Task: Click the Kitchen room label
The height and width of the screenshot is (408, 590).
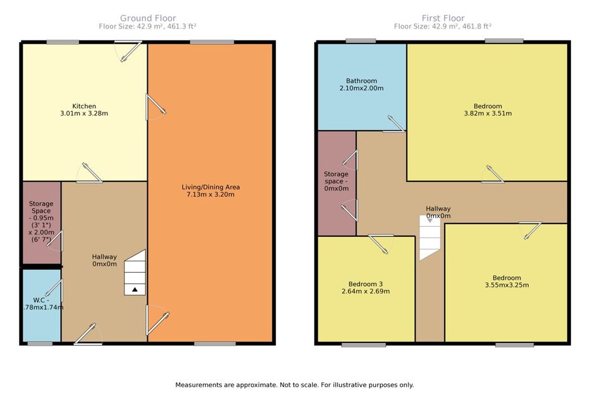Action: coord(84,106)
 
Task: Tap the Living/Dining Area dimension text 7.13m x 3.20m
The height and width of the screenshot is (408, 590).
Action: coord(210,195)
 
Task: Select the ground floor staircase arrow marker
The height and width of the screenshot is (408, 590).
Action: coord(135,289)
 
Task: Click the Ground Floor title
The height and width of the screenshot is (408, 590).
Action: coord(148,18)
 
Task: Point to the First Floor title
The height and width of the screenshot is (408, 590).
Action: coord(443,18)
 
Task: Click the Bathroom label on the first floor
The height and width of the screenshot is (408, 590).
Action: coord(361,81)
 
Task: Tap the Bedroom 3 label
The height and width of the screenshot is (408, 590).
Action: coord(365,284)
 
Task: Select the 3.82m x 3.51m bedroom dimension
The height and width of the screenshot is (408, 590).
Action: coord(488,113)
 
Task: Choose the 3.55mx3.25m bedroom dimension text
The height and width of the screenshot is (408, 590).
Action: coord(507,285)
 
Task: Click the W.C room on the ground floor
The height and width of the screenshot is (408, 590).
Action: coord(42,305)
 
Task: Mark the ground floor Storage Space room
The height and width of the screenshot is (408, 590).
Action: coord(42,222)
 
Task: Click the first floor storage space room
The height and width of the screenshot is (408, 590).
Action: coord(337,183)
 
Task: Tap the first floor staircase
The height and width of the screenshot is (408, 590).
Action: coord(430,237)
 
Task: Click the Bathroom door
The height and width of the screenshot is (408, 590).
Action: coord(394,124)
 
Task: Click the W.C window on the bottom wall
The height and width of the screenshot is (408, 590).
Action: coord(40,344)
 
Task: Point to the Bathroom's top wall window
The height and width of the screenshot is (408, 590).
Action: coord(361,41)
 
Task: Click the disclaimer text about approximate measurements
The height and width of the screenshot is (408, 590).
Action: coord(294,385)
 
